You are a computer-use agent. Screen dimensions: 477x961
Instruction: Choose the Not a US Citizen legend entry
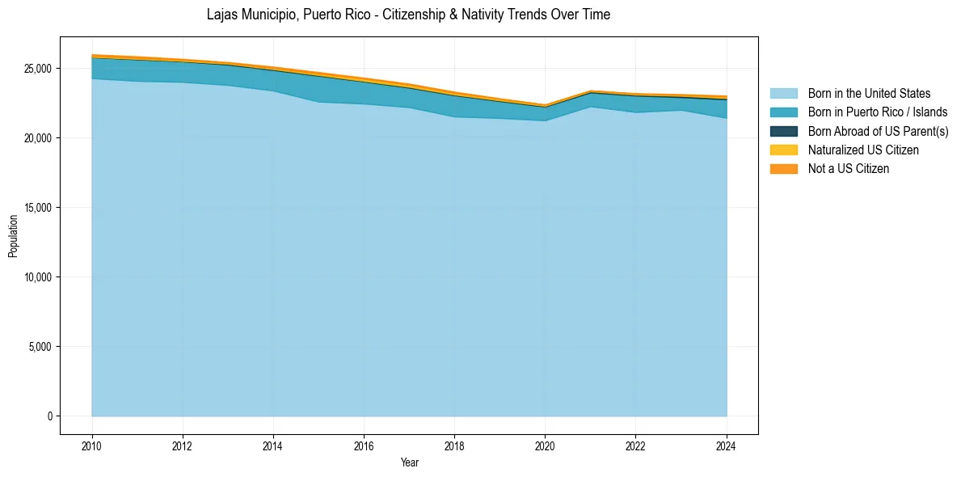pos(848,168)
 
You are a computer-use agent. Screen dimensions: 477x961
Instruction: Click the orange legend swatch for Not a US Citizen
pos(783,168)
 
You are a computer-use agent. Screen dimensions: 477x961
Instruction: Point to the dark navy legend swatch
pos(783,131)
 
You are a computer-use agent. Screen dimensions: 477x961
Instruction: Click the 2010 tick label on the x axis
pos(92,445)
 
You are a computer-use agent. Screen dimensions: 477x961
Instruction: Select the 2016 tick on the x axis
pos(364,445)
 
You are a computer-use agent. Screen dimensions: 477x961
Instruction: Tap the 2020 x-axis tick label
pos(546,445)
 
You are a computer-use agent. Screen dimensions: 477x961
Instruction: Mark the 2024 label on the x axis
pos(727,445)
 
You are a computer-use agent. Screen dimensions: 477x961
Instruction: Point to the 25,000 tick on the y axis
pos(37,69)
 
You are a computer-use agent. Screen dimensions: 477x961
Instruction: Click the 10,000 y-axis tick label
pos(37,277)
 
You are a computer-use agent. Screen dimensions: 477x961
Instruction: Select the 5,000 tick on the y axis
pos(40,347)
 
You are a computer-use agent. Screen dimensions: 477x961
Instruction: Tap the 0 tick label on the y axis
pos(49,416)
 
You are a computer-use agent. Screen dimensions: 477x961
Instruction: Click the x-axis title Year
pos(409,462)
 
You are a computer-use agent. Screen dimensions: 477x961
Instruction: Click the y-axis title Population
pos(13,236)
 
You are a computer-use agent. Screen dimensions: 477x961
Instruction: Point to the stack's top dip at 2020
pos(546,104)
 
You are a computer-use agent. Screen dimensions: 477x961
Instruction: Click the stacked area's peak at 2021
pos(591,91)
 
